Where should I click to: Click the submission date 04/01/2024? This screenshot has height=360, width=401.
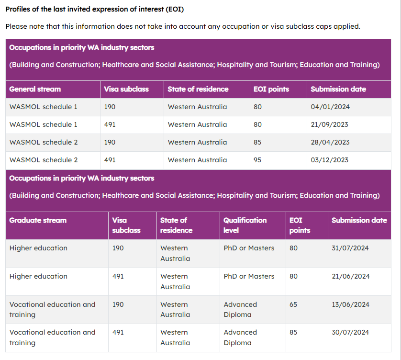point(330,107)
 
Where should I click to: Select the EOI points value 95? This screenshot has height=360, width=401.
point(257,160)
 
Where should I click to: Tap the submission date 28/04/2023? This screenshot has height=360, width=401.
point(330,142)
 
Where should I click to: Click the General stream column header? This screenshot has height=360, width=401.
point(35,89)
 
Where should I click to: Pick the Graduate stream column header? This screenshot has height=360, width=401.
point(38,220)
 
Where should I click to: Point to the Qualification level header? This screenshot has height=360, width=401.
point(245,225)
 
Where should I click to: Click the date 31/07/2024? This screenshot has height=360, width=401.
point(350,248)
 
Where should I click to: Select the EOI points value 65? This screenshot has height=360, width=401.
point(293,304)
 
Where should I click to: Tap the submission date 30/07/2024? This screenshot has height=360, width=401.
point(350,332)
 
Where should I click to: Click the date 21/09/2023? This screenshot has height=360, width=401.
point(330,124)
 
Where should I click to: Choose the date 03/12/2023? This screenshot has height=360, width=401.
point(330,160)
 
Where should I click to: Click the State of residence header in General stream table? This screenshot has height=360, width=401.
point(198,89)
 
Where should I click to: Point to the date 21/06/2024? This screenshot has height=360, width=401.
point(350,276)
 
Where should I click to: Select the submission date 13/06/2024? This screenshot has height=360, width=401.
point(350,304)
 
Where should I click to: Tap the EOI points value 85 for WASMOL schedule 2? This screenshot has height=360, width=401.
point(257,142)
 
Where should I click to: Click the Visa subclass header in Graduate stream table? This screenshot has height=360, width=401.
point(126,225)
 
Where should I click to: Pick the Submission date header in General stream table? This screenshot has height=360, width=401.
point(338,89)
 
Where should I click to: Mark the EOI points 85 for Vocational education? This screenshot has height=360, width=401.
point(293,332)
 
